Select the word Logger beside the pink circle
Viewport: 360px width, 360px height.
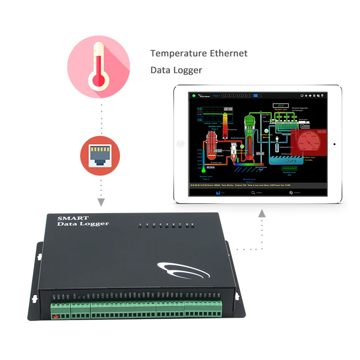188,70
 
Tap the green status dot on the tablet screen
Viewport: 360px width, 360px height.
193,96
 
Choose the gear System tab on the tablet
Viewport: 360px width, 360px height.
293,192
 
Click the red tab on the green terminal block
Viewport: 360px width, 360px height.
56,317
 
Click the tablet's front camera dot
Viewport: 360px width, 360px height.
335,144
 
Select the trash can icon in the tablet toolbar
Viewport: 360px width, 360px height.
314,96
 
